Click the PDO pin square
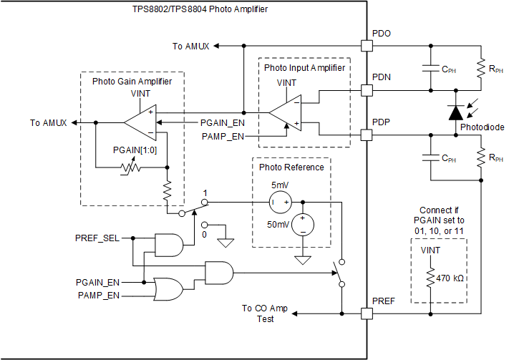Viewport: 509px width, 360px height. click(x=367, y=46)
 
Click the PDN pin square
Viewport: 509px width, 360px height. click(x=367, y=90)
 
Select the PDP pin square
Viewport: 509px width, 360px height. click(x=367, y=135)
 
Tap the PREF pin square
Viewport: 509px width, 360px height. click(x=367, y=313)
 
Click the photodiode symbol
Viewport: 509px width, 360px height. click(x=455, y=112)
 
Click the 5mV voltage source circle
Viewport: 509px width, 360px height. click(x=280, y=203)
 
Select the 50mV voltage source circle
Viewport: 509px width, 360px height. click(x=303, y=225)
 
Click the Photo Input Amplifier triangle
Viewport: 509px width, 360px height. click(x=285, y=112)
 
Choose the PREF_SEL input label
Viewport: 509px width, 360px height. click(x=97, y=237)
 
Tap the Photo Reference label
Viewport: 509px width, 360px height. click(x=291, y=167)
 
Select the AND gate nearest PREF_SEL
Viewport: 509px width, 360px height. click(x=168, y=245)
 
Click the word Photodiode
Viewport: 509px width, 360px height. click(x=482, y=127)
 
